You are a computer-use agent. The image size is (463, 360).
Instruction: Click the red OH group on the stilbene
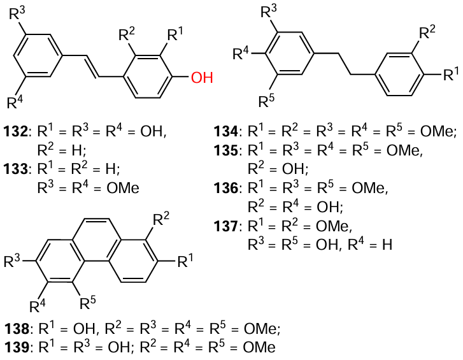tap(202, 78)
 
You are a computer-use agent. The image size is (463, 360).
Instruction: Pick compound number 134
tap(227, 133)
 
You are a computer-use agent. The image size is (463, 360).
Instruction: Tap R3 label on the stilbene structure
tap(18, 13)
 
